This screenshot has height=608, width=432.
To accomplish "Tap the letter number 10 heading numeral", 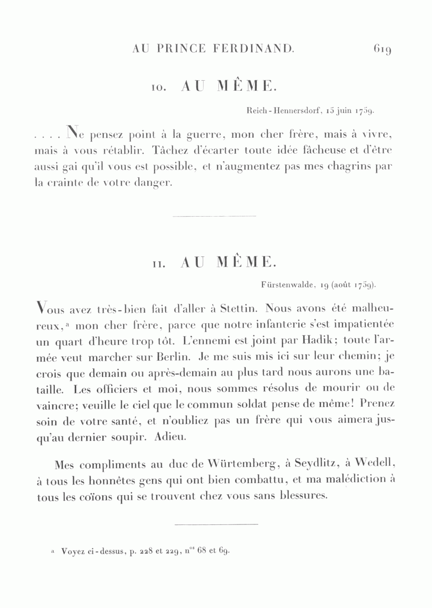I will coord(158,88).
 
